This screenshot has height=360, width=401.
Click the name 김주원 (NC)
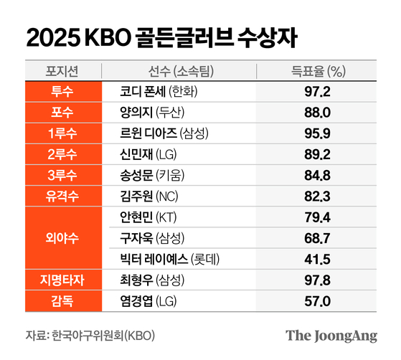[152, 196]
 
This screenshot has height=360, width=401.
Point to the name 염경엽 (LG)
[152, 300]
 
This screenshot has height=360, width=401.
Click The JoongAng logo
[331, 336]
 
